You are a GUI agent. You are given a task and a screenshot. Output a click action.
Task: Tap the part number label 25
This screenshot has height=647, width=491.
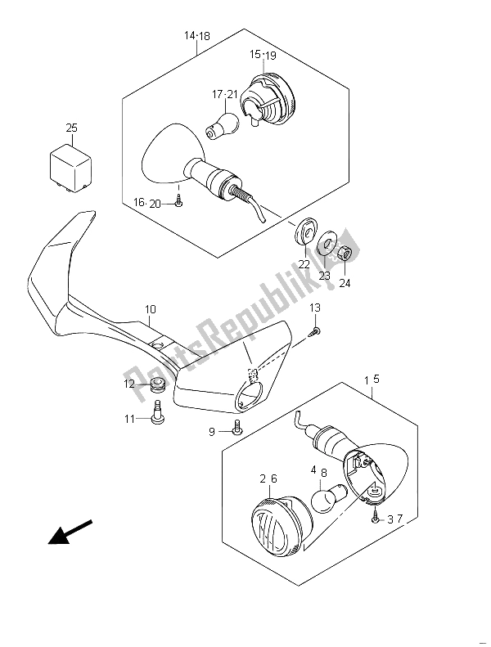(x=71, y=128)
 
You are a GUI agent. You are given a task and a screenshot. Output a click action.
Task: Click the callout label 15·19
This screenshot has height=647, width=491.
(x=263, y=55)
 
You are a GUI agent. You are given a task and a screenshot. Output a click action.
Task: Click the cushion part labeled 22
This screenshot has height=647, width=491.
(x=306, y=231)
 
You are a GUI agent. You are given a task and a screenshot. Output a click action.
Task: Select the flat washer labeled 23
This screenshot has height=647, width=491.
(x=327, y=245)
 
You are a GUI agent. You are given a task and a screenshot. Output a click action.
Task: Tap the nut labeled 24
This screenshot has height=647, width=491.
(x=345, y=254)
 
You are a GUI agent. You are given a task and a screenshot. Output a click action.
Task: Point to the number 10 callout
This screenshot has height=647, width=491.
(x=150, y=309)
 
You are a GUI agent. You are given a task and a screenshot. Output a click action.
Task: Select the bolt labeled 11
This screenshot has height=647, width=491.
(x=158, y=412)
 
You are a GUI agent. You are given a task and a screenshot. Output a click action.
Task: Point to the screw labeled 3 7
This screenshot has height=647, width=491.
(x=376, y=516)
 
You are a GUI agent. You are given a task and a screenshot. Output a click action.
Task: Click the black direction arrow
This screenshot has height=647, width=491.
(x=70, y=532)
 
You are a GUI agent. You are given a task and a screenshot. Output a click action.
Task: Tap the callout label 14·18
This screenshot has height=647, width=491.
(x=196, y=36)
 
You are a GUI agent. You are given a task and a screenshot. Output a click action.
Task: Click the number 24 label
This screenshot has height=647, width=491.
(x=345, y=284)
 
